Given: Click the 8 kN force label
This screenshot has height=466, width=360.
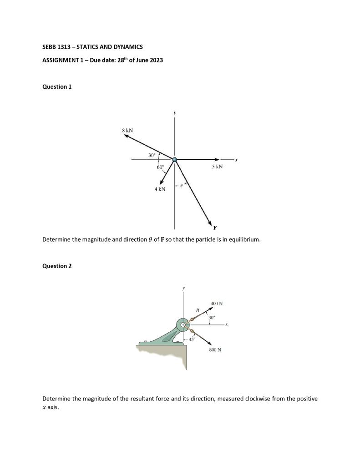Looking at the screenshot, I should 127,131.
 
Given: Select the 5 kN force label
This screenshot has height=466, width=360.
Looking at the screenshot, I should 217,167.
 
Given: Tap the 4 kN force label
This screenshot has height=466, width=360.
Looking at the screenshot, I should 160,189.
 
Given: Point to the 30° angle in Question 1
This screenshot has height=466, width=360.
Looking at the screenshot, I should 152,156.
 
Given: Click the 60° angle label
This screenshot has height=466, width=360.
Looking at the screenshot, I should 160,167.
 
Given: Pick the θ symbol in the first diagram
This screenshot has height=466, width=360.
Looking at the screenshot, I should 181,186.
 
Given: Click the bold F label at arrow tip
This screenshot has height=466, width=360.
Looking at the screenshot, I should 215,228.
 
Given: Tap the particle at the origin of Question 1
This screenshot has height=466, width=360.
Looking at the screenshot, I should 174,159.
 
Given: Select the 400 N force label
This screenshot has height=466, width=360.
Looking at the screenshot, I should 216,304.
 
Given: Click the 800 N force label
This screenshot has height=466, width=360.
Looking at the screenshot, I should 215,350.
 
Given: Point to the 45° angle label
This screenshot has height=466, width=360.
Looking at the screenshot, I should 192,339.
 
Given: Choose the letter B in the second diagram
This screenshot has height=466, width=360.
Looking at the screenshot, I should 197,310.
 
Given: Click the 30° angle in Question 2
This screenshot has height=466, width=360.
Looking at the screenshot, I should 212,317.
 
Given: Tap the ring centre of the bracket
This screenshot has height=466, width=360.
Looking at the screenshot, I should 183,325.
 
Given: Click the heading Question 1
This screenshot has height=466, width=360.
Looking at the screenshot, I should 57,86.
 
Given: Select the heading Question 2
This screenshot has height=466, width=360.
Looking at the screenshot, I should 57,266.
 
